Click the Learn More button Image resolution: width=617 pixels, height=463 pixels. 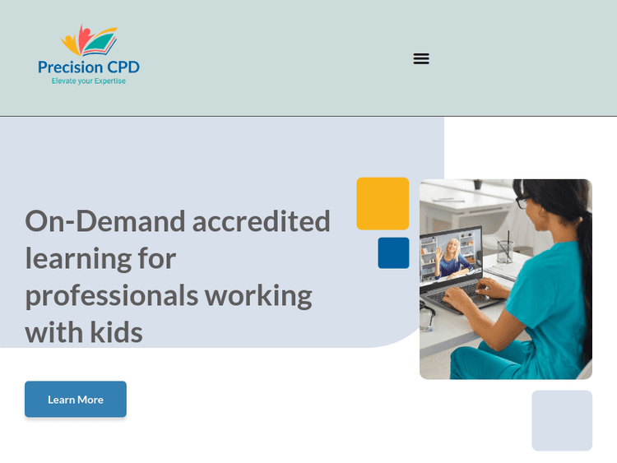click(76, 400)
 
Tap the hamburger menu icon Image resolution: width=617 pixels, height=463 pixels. click(421, 58)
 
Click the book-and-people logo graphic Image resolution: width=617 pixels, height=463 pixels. click(89, 41)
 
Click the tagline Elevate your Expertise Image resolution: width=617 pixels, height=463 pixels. click(89, 81)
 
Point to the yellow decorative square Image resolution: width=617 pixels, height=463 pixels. click(383, 203)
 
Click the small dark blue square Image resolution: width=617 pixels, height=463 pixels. click(393, 253)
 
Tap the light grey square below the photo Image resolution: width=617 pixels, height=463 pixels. click(562, 420)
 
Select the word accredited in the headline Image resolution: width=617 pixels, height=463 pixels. click(262, 221)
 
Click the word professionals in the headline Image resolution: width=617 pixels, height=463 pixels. click(110, 295)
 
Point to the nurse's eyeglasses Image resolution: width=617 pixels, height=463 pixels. click(522, 202)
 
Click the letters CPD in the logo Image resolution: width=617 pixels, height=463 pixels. click(122, 67)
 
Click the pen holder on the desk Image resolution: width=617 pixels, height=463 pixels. click(504, 248)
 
